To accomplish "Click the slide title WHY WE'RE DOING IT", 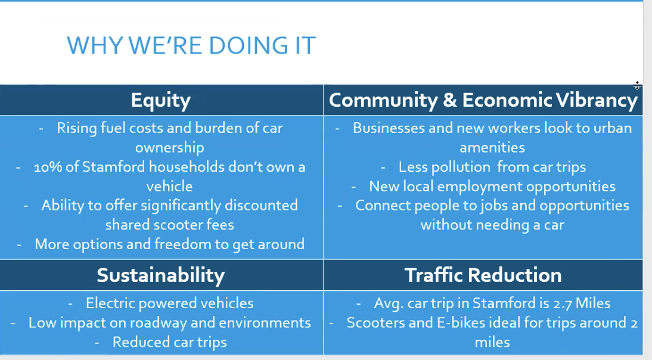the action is tap(191, 45).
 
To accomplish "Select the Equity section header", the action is tap(161, 101).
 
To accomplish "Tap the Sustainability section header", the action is tap(160, 275).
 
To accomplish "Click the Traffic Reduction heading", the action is tap(483, 275).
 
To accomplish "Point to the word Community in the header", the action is tap(383, 101).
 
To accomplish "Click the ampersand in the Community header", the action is tap(450, 100).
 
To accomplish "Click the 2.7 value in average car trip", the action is tap(562, 303).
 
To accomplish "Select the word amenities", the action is tap(492, 148).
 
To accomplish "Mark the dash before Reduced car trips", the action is tap(97, 343).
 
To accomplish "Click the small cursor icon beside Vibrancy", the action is tap(637, 86).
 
